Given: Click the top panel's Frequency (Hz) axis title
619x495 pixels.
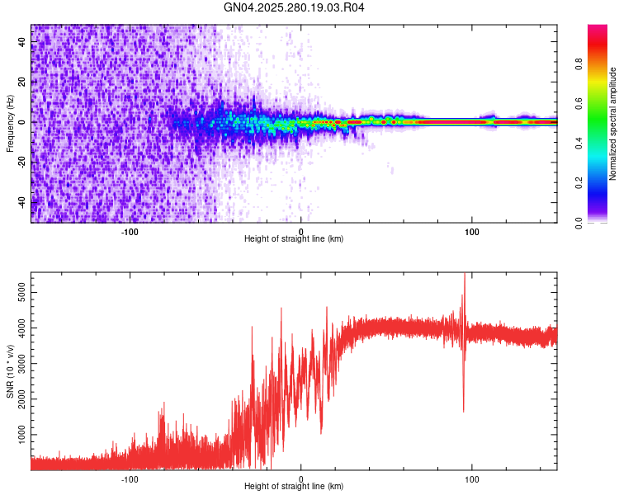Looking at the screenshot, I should [x=10, y=123].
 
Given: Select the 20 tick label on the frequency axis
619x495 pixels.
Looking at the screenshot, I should [x=22, y=82].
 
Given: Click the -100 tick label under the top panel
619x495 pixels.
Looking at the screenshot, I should [x=130, y=231].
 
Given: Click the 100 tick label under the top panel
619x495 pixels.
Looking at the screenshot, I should [x=472, y=231].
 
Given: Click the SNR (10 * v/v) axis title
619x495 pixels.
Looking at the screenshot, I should [x=10, y=371].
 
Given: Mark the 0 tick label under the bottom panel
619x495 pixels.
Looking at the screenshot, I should [x=301, y=478].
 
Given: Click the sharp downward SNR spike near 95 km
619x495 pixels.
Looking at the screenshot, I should [x=463, y=410].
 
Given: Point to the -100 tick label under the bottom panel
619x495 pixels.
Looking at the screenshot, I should [x=130, y=478].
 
